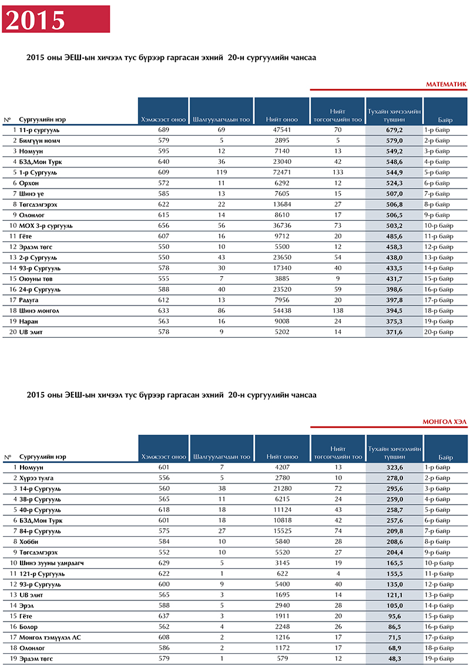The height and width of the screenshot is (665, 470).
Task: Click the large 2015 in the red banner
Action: point(35,20)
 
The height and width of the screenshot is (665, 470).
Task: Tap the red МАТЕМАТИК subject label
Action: point(446,85)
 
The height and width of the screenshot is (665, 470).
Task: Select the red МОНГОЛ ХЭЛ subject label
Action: point(444,422)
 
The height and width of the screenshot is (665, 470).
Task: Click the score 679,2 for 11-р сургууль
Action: point(394,130)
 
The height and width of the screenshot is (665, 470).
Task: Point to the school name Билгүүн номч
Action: point(39,141)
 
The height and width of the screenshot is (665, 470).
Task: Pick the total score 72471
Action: point(281,172)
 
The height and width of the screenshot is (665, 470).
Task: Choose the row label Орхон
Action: point(29,183)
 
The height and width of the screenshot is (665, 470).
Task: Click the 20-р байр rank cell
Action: point(439,332)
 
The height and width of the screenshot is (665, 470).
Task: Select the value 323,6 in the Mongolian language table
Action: point(394,468)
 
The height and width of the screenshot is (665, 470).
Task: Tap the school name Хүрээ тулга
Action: point(36,478)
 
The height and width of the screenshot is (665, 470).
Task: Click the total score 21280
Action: point(282,489)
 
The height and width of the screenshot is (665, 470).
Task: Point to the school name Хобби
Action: point(29,542)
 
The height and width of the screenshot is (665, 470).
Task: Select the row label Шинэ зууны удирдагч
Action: point(51,563)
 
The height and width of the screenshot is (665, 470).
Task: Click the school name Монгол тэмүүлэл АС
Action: point(50,637)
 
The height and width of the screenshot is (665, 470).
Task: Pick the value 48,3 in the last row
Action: point(394,659)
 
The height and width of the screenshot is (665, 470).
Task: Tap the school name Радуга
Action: point(28,300)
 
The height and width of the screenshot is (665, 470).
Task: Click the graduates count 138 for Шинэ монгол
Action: point(338,310)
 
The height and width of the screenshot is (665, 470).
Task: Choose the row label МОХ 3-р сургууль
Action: point(46,226)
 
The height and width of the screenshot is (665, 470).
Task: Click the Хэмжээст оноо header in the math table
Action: point(163,120)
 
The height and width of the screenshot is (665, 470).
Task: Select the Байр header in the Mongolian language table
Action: point(445,457)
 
